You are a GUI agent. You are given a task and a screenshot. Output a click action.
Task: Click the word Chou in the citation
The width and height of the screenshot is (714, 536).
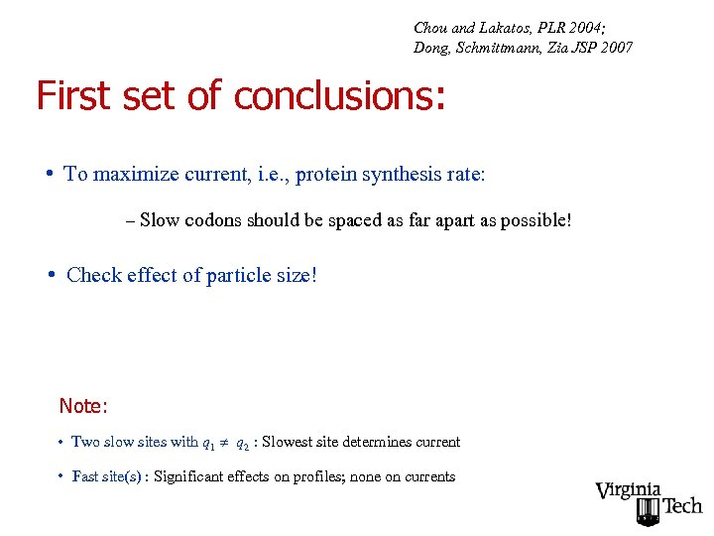(430, 27)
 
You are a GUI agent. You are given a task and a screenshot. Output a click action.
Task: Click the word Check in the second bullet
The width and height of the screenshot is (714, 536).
(94, 275)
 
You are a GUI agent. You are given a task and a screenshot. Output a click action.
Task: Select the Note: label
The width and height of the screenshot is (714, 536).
(83, 406)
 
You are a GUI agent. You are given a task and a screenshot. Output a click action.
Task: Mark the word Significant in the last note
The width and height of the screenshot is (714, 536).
(192, 476)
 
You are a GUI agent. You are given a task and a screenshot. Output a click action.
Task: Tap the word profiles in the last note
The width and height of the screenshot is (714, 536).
(315, 476)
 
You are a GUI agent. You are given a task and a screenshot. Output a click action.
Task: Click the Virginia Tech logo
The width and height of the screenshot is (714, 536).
(649, 501)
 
